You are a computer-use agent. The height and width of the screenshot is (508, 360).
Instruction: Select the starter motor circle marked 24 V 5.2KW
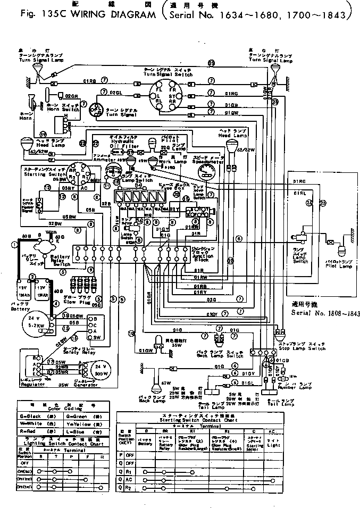tap(37, 319)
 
